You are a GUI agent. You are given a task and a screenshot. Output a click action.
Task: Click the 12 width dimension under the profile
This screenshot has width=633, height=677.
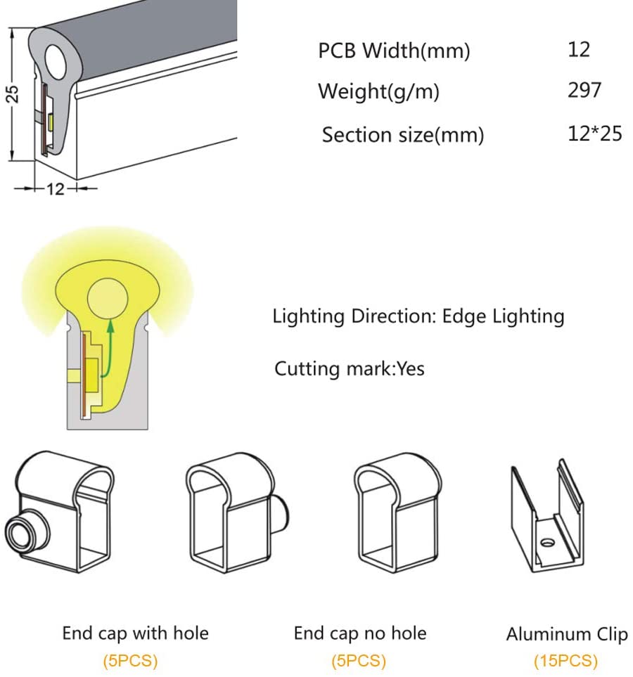click(x=56, y=188)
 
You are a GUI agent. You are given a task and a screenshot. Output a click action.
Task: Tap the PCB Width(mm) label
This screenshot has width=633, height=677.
click(x=394, y=51)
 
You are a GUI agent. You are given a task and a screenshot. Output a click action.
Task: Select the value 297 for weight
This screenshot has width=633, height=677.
click(x=584, y=90)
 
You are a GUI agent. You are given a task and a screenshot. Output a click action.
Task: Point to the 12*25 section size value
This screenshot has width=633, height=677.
click(x=594, y=133)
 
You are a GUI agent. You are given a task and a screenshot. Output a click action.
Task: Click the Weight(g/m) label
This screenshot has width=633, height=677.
click(x=378, y=91)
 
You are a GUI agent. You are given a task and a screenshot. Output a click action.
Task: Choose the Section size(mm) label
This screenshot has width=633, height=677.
click(x=402, y=134)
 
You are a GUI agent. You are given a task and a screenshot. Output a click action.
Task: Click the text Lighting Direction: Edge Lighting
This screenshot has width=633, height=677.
click(x=418, y=316)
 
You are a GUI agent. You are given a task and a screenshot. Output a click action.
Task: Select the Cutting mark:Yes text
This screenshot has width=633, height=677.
click(x=349, y=368)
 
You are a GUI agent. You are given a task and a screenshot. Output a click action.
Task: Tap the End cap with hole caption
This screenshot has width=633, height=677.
click(x=135, y=633)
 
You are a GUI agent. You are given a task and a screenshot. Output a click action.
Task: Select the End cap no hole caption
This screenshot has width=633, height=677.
click(x=359, y=633)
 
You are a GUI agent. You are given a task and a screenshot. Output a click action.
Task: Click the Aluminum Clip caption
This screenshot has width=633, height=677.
click(x=566, y=634)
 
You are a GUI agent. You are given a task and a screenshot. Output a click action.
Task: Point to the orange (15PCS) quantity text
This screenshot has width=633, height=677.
click(x=566, y=661)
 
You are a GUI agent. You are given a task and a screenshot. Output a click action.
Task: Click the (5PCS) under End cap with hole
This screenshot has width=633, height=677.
click(x=130, y=661)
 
